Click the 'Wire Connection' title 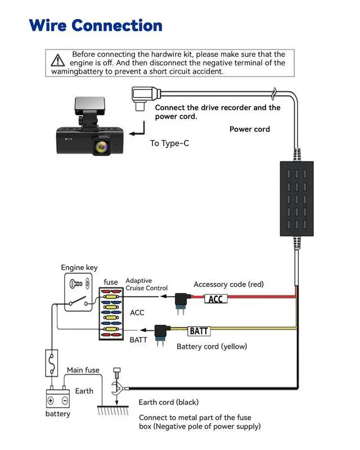[x=96, y=25]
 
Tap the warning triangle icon [x=58, y=60]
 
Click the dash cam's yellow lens [x=101, y=147]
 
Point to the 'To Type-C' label [x=169, y=143]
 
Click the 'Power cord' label [x=250, y=129]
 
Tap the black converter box [x=296, y=198]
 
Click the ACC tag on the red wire [x=216, y=299]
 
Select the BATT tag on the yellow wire [x=200, y=331]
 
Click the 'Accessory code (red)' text [x=228, y=285]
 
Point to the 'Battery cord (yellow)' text [x=211, y=346]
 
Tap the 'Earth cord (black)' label [x=169, y=402]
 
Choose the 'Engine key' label [x=79, y=268]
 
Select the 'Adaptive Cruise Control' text [x=146, y=285]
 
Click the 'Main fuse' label [x=83, y=370]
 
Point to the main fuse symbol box [x=52, y=363]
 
